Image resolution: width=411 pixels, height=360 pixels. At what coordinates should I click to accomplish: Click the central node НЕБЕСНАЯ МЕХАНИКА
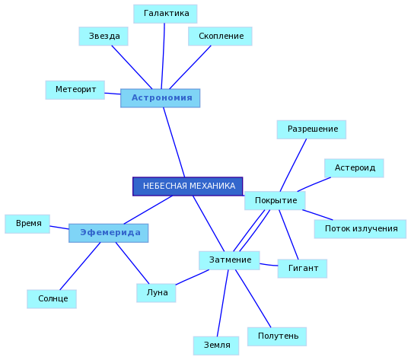click(188, 186)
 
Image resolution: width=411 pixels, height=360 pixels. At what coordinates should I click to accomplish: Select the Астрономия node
click(160, 98)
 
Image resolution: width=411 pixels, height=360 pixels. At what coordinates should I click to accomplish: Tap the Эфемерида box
click(109, 233)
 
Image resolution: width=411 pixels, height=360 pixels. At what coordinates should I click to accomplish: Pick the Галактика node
click(165, 14)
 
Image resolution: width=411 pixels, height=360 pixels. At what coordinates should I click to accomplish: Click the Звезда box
click(104, 37)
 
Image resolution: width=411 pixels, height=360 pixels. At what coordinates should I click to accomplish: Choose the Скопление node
click(220, 37)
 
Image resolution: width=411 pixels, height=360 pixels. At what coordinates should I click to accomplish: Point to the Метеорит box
click(75, 90)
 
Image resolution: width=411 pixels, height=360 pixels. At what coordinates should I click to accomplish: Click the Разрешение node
click(311, 129)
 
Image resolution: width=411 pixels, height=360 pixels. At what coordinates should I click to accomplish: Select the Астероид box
click(354, 168)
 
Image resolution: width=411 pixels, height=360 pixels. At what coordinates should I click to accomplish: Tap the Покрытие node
click(275, 201)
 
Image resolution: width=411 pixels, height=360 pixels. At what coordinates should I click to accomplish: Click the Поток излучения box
click(360, 229)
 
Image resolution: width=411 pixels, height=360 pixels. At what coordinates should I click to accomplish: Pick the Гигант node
click(302, 269)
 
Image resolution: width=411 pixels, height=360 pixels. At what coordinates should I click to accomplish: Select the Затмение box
click(229, 260)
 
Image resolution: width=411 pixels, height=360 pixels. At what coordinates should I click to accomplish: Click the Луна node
click(156, 293)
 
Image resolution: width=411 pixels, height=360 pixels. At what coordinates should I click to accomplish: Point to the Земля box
click(216, 346)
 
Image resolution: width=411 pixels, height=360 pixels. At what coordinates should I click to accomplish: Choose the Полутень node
click(277, 336)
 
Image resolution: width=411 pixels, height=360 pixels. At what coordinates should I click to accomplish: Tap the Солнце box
click(52, 299)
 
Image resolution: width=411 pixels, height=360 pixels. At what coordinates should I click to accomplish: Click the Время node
click(27, 224)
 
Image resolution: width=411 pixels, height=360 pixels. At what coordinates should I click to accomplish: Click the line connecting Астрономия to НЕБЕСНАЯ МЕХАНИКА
click(174, 142)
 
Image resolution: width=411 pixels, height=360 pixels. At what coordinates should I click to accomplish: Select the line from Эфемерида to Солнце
click(80, 266)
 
